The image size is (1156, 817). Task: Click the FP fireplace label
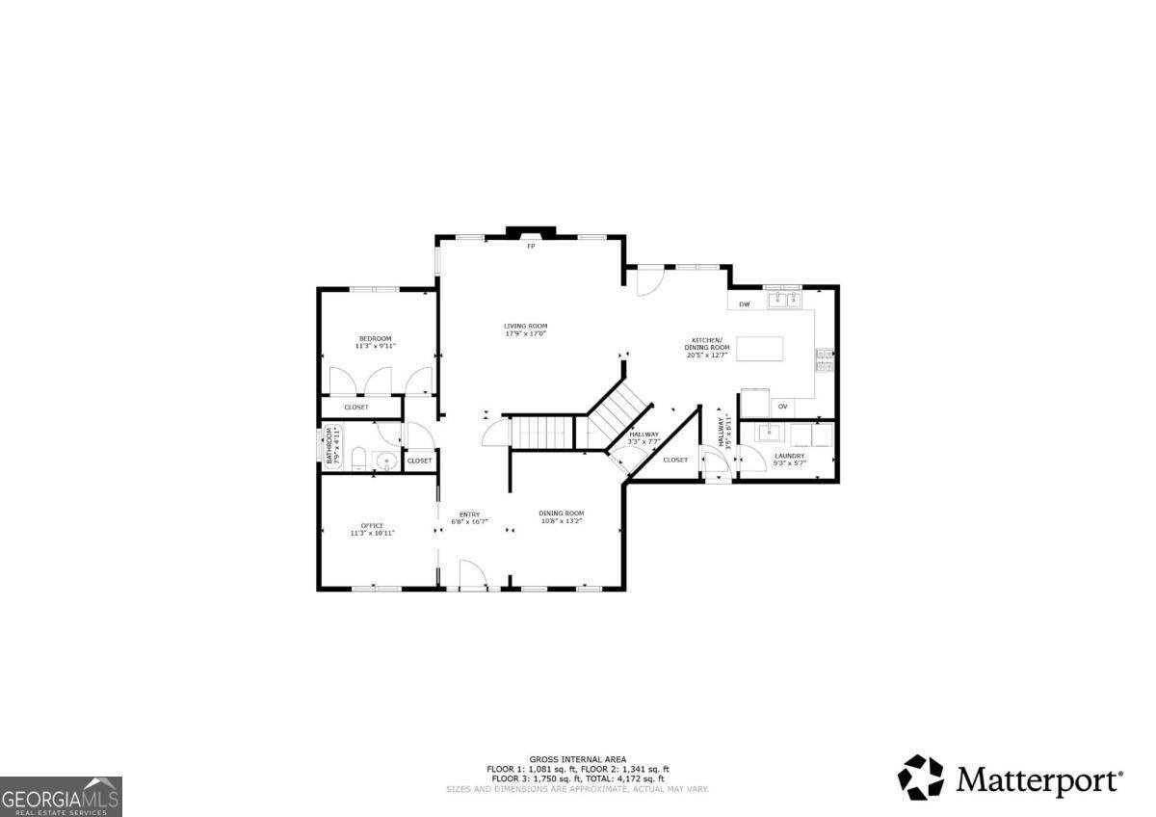click(530, 247)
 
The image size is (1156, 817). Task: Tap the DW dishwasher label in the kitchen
click(744, 305)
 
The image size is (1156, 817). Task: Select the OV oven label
click(783, 407)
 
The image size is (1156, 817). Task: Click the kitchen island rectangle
click(760, 347)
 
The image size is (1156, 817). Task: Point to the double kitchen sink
click(784, 301)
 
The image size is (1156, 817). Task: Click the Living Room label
click(526, 326)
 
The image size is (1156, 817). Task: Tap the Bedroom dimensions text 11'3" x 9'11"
click(375, 345)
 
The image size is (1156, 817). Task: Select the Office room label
click(372, 525)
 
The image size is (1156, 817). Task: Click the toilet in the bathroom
click(357, 459)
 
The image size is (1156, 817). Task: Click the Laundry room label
click(789, 456)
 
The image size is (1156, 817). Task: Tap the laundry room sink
click(771, 431)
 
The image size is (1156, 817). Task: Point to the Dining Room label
click(561, 513)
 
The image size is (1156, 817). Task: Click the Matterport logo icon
click(921, 777)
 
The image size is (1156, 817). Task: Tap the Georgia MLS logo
click(61, 796)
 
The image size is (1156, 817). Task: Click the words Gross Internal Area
click(577, 759)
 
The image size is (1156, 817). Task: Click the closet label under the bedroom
click(356, 408)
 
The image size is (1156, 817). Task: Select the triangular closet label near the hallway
click(675, 460)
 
